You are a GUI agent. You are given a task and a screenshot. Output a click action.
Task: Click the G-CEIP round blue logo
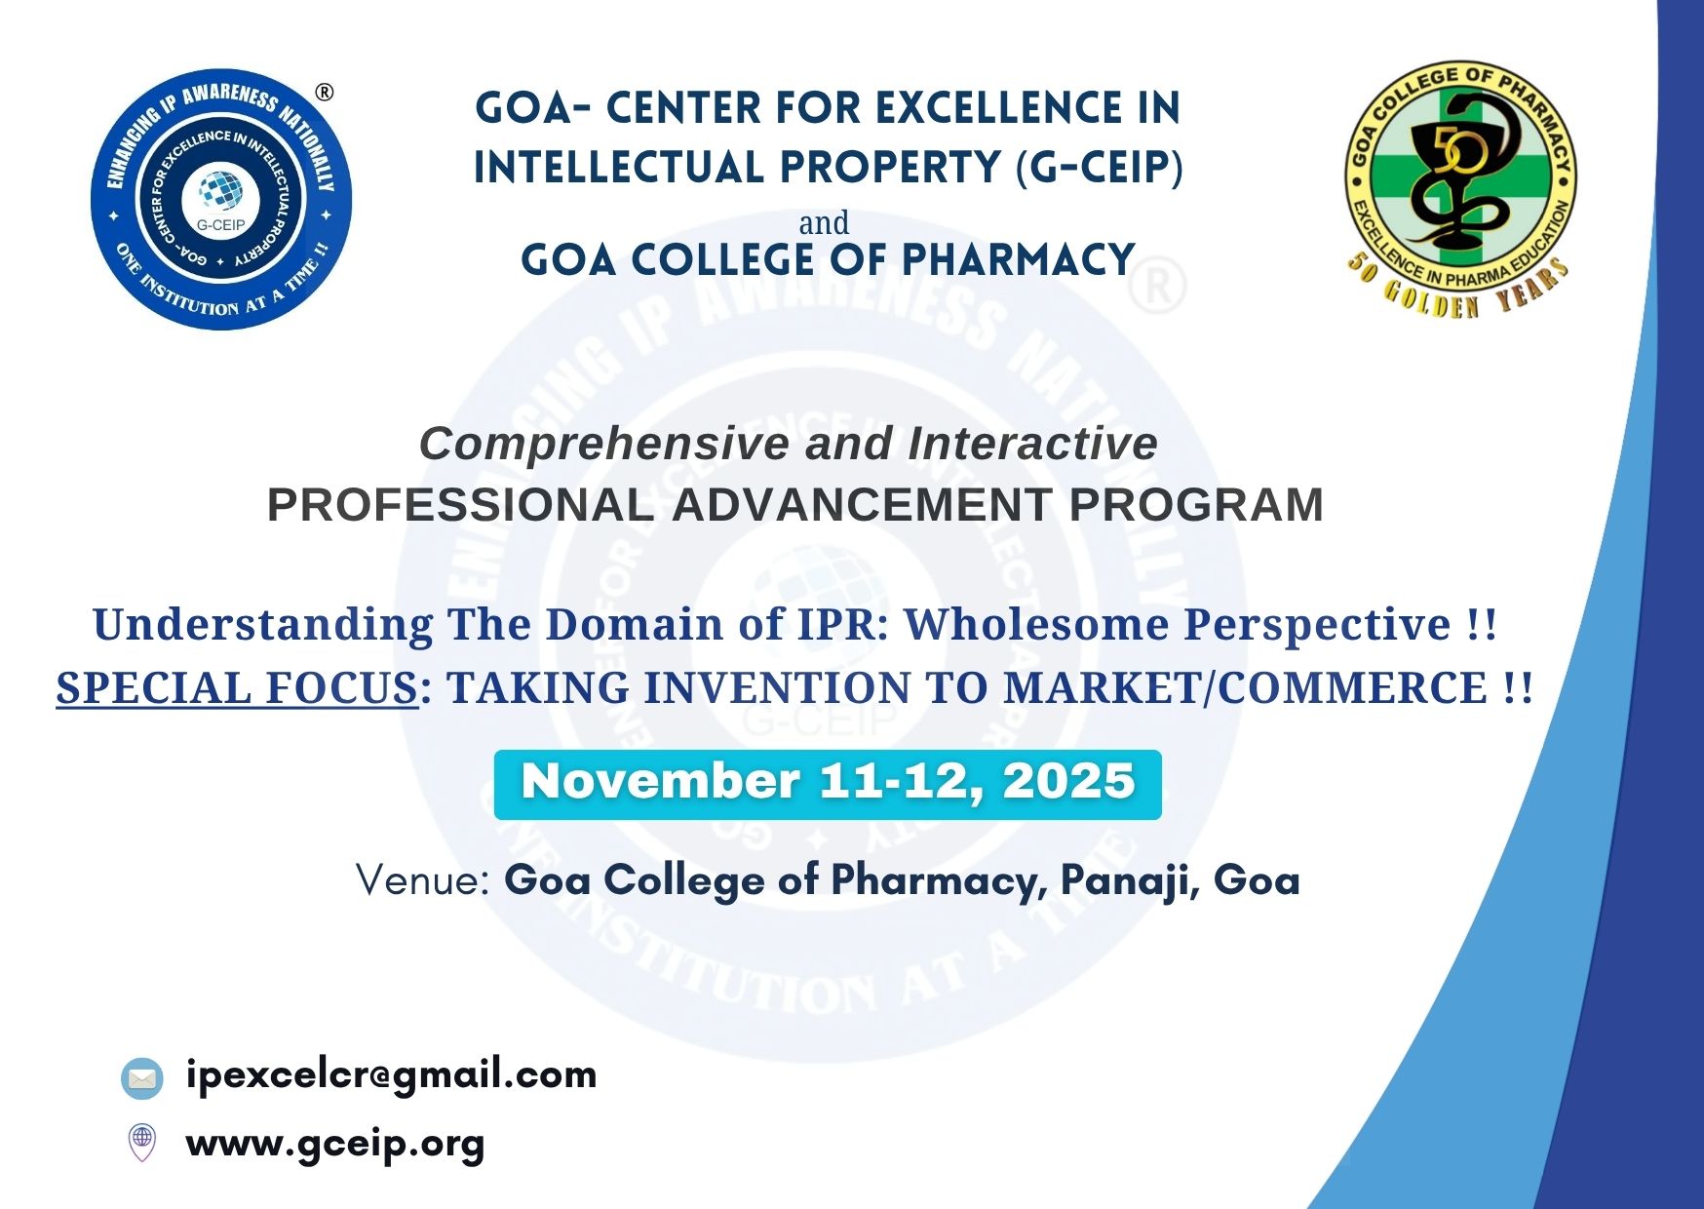click(221, 200)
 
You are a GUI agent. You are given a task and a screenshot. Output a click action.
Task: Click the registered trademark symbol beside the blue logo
click(325, 93)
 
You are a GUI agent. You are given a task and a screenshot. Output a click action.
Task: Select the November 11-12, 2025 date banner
click(828, 784)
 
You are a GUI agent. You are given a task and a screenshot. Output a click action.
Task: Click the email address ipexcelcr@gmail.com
click(391, 1075)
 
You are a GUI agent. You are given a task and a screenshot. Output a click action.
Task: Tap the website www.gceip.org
click(335, 1144)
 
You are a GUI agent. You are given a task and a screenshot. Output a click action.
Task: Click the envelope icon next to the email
click(142, 1078)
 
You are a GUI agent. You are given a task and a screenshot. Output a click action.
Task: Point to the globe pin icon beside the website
click(142, 1142)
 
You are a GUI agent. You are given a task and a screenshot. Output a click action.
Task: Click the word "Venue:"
click(422, 880)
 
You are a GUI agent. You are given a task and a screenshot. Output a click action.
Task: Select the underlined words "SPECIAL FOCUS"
click(237, 688)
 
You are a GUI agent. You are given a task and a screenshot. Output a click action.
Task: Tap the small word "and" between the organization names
click(824, 223)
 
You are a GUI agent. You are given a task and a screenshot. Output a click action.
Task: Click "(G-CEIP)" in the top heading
click(1099, 167)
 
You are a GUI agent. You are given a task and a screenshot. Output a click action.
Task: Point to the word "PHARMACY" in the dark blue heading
click(1018, 260)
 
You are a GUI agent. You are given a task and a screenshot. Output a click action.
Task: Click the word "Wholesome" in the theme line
click(1036, 625)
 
